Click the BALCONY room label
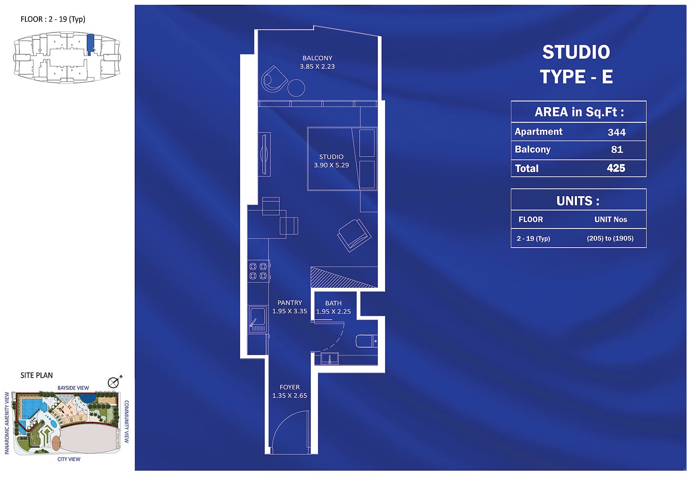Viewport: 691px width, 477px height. point(317,58)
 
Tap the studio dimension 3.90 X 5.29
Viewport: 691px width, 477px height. point(331,165)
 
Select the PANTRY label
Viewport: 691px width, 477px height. point(289,303)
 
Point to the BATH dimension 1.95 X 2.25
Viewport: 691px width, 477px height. point(333,312)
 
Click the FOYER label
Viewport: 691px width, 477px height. point(289,387)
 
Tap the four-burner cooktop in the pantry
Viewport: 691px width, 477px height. point(258,271)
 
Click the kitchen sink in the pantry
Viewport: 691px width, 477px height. point(257,319)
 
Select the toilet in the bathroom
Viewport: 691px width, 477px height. point(367,341)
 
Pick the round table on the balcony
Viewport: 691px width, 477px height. point(296,88)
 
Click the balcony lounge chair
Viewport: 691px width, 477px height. point(273,79)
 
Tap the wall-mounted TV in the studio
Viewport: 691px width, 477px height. point(264,154)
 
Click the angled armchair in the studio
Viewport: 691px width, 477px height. point(354,235)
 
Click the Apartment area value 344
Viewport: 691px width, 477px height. point(616,132)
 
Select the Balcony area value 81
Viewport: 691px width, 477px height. point(617,149)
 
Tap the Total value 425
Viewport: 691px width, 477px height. point(616,168)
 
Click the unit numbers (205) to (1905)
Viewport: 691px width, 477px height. point(610,238)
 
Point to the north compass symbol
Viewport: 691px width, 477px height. point(114,382)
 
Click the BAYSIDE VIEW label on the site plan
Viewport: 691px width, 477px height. point(73,388)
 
